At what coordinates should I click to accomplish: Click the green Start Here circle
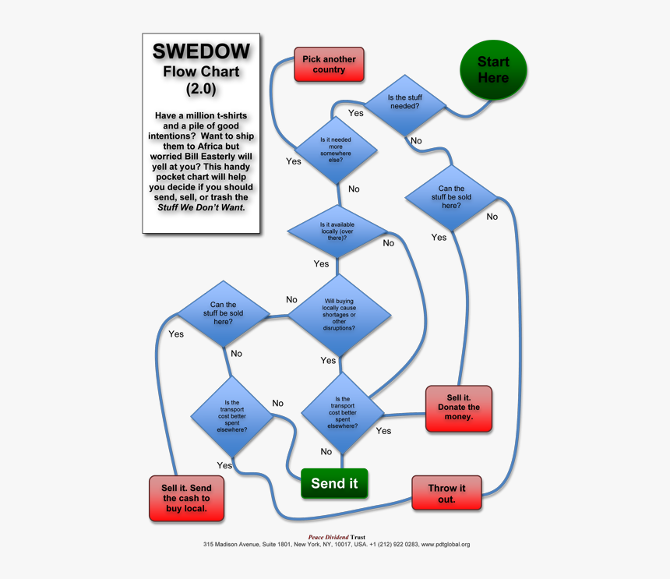point(493,70)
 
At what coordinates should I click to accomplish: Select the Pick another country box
point(329,65)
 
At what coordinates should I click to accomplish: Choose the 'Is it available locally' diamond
point(337,231)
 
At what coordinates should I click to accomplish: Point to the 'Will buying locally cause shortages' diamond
point(339,315)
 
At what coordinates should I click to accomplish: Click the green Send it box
point(334,483)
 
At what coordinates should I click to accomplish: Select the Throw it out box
point(446,493)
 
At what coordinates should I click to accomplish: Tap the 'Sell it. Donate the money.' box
point(459,408)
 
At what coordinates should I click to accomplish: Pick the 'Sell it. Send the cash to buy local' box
point(186,498)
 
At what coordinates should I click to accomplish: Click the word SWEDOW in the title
point(201,51)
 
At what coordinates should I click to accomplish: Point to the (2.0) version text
point(201,90)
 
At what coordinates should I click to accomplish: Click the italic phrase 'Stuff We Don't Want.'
point(201,207)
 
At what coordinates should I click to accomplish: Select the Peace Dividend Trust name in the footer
point(337,537)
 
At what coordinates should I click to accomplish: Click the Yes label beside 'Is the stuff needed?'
point(355,113)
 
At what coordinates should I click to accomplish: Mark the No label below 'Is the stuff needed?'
point(416,141)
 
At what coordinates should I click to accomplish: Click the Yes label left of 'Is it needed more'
point(294,161)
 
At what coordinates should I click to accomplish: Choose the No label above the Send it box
point(326,452)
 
